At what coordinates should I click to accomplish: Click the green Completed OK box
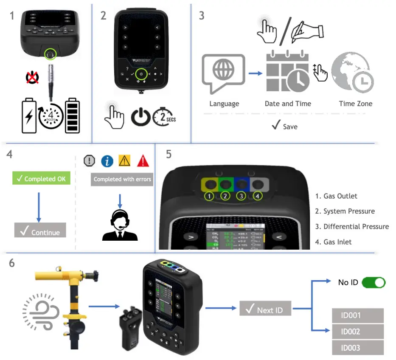(x=41, y=179)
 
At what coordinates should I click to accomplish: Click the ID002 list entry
(x=357, y=332)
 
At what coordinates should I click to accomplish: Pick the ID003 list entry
(x=357, y=348)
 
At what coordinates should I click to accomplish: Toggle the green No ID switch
(x=373, y=282)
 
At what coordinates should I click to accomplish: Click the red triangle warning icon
(x=143, y=161)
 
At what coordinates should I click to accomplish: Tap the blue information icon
(x=107, y=161)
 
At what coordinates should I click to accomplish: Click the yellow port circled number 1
(x=208, y=196)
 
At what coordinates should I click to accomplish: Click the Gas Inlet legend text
(x=333, y=242)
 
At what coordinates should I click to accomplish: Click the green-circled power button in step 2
(x=141, y=74)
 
